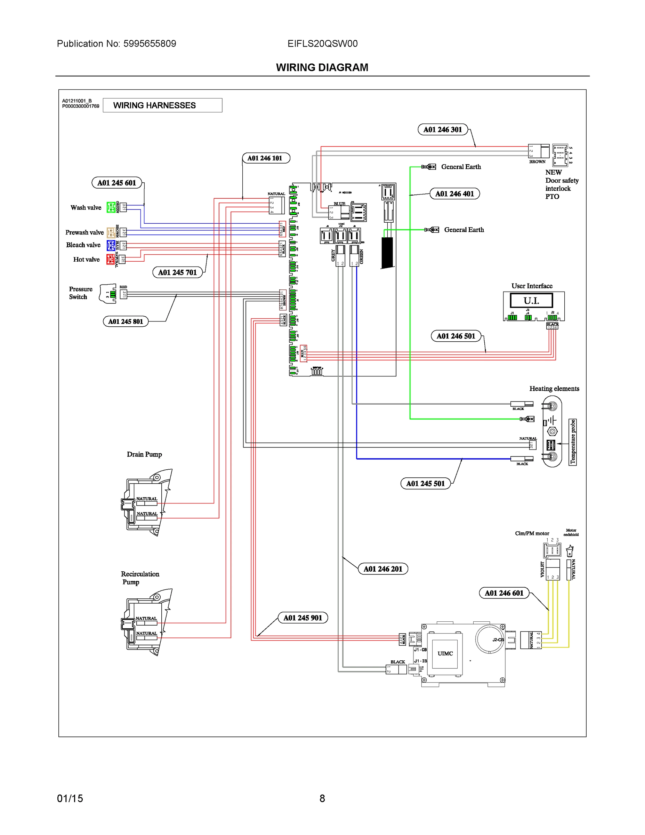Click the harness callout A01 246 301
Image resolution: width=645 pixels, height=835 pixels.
click(x=443, y=130)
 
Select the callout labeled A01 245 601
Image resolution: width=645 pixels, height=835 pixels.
click(x=116, y=183)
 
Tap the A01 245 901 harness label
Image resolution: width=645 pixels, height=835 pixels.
click(x=303, y=618)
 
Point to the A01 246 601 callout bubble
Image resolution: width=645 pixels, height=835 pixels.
click(x=504, y=593)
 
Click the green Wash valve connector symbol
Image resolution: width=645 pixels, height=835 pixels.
click(x=111, y=207)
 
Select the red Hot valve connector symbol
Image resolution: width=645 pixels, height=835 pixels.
click(x=111, y=259)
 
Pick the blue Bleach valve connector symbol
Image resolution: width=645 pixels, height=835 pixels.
click(x=111, y=245)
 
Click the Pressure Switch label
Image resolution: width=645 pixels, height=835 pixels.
click(x=81, y=293)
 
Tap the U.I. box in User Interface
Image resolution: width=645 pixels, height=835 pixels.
click(x=531, y=301)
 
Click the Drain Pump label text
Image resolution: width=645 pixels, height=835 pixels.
click(x=144, y=454)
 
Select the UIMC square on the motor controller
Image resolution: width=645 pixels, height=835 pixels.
click(x=445, y=653)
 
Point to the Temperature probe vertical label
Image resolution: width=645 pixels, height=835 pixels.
click(x=572, y=442)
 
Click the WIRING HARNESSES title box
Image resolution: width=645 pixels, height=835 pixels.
click(x=162, y=105)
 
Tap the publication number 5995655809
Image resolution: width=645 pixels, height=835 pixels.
click(x=150, y=43)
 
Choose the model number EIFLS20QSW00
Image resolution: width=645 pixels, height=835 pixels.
click(x=323, y=43)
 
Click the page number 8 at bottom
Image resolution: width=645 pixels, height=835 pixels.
click(x=322, y=798)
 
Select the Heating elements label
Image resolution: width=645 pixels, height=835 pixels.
click(x=554, y=388)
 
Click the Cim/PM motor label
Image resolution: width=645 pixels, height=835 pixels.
click(x=532, y=533)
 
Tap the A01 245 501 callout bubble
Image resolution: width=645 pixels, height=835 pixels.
click(x=425, y=484)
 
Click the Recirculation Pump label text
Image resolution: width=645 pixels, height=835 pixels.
click(x=140, y=578)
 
